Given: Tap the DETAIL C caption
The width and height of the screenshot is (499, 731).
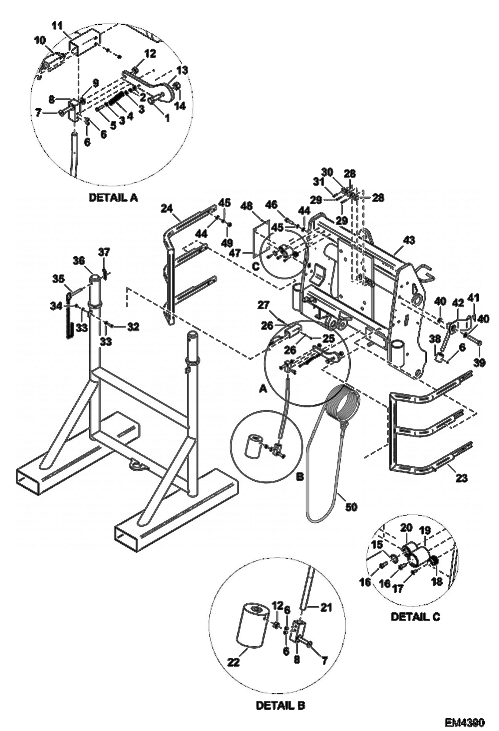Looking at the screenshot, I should pyautogui.click(x=415, y=617).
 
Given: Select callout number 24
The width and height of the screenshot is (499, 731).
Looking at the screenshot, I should pyautogui.click(x=167, y=209).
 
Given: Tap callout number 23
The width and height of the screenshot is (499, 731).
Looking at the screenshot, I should pyautogui.click(x=461, y=478).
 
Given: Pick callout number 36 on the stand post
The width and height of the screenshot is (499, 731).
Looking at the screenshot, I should pyautogui.click(x=79, y=261).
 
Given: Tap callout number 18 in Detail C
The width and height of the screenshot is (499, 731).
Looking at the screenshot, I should pyautogui.click(x=437, y=581).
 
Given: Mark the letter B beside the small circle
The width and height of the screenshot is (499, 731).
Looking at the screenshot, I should pyautogui.click(x=300, y=477).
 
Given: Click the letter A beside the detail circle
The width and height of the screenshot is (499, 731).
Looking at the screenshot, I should pyautogui.click(x=263, y=389).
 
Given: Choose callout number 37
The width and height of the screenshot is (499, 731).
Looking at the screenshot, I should pyautogui.click(x=104, y=252).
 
